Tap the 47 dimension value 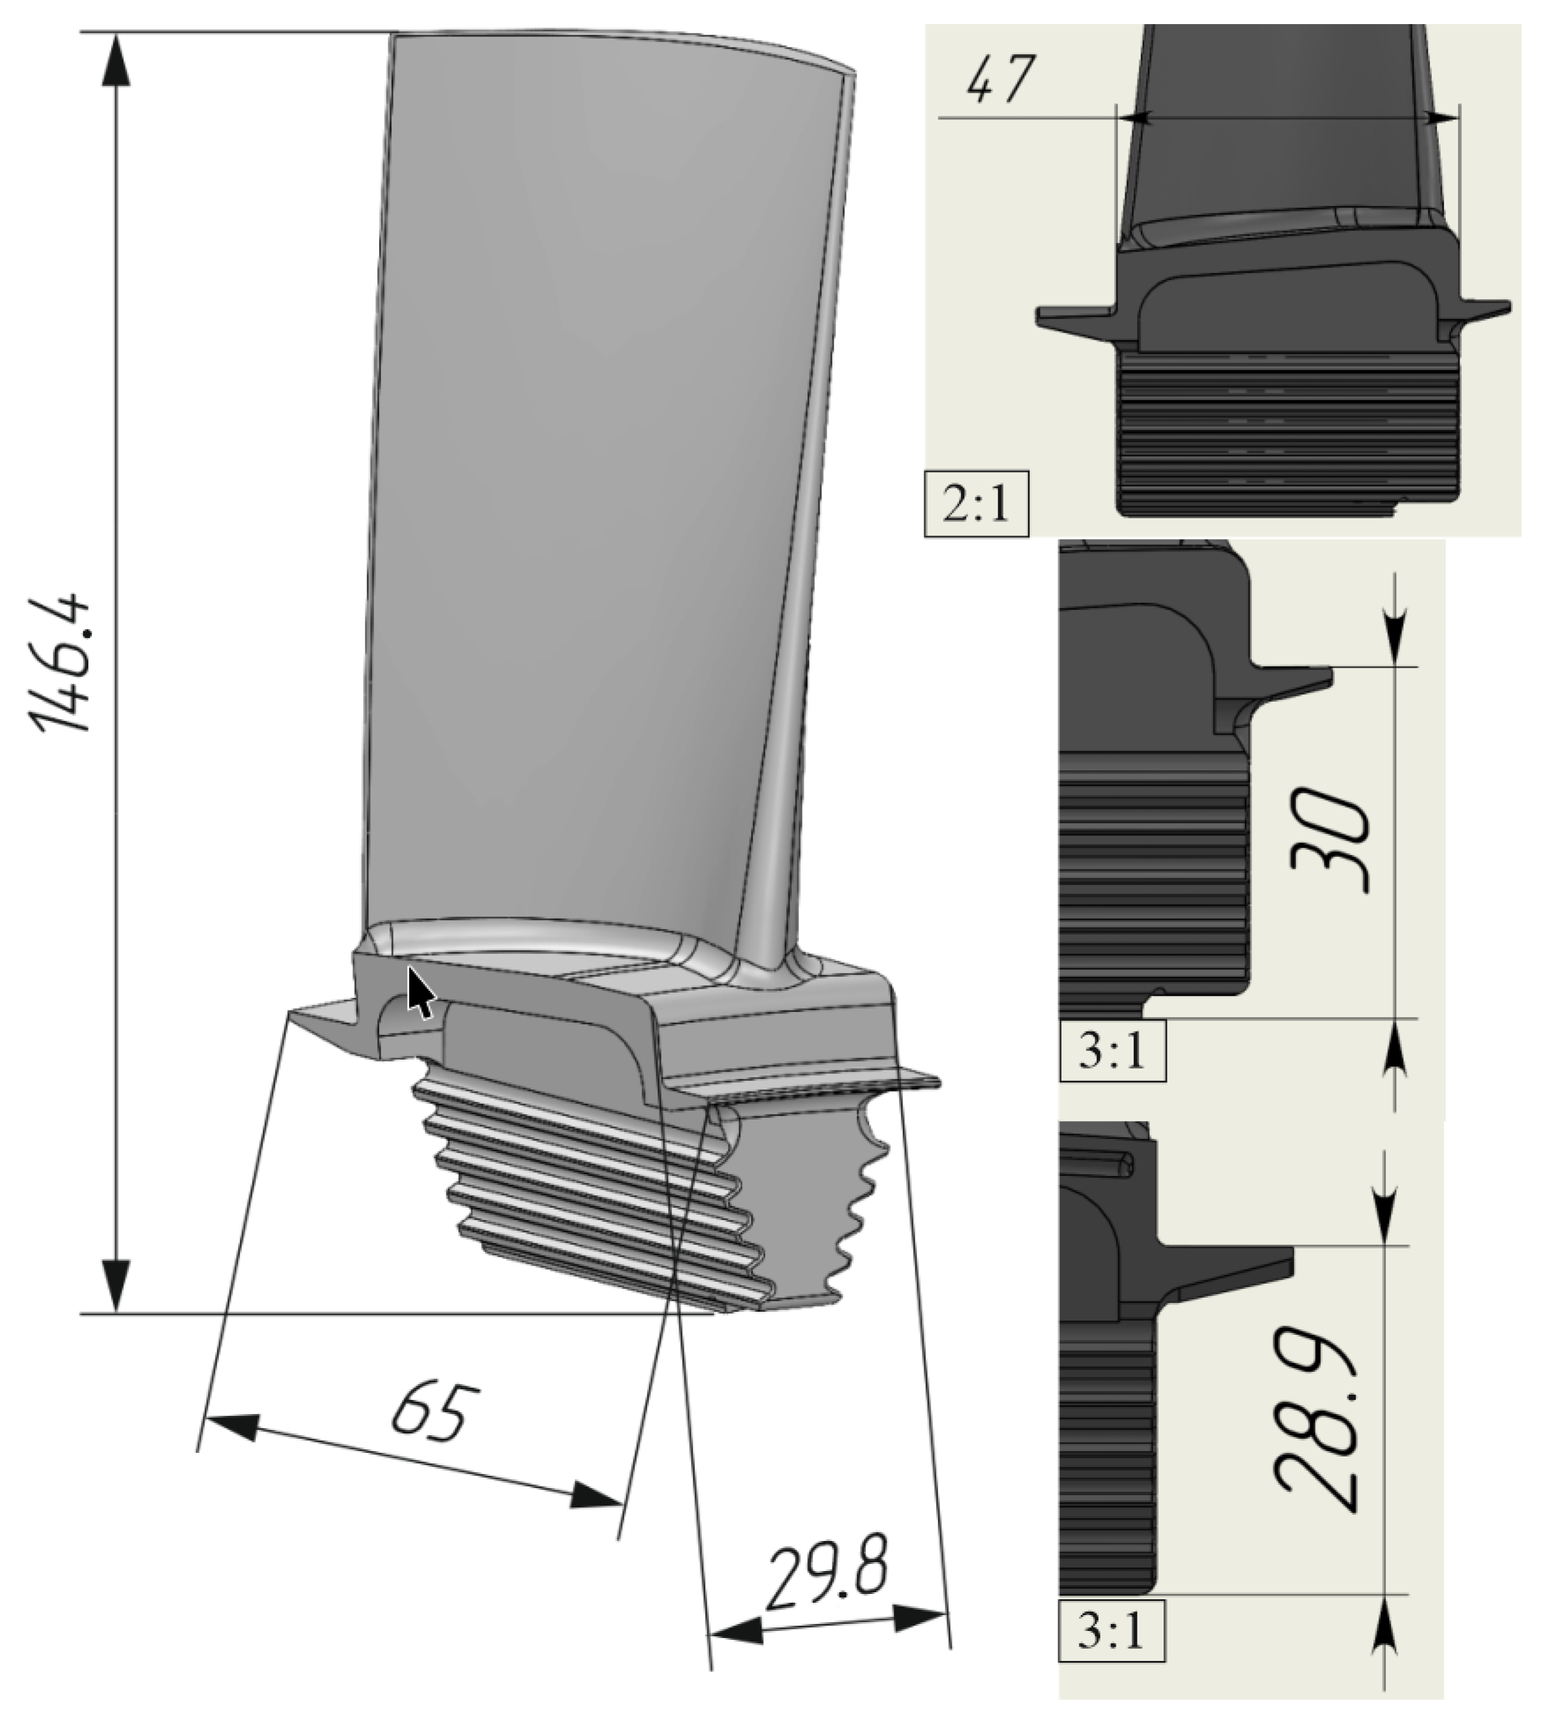[1002, 80]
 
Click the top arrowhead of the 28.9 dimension [1385, 1222]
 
